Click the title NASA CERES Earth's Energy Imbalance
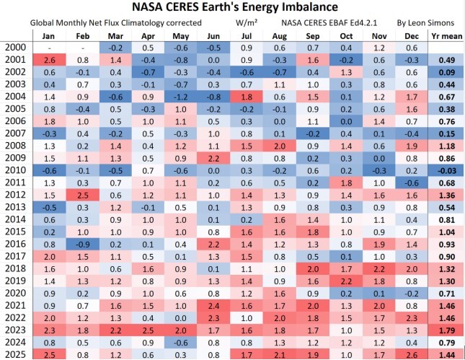[232, 8]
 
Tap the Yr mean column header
[444, 34]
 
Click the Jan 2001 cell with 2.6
[49, 59]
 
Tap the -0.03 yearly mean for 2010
[444, 170]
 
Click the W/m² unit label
[246, 22]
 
